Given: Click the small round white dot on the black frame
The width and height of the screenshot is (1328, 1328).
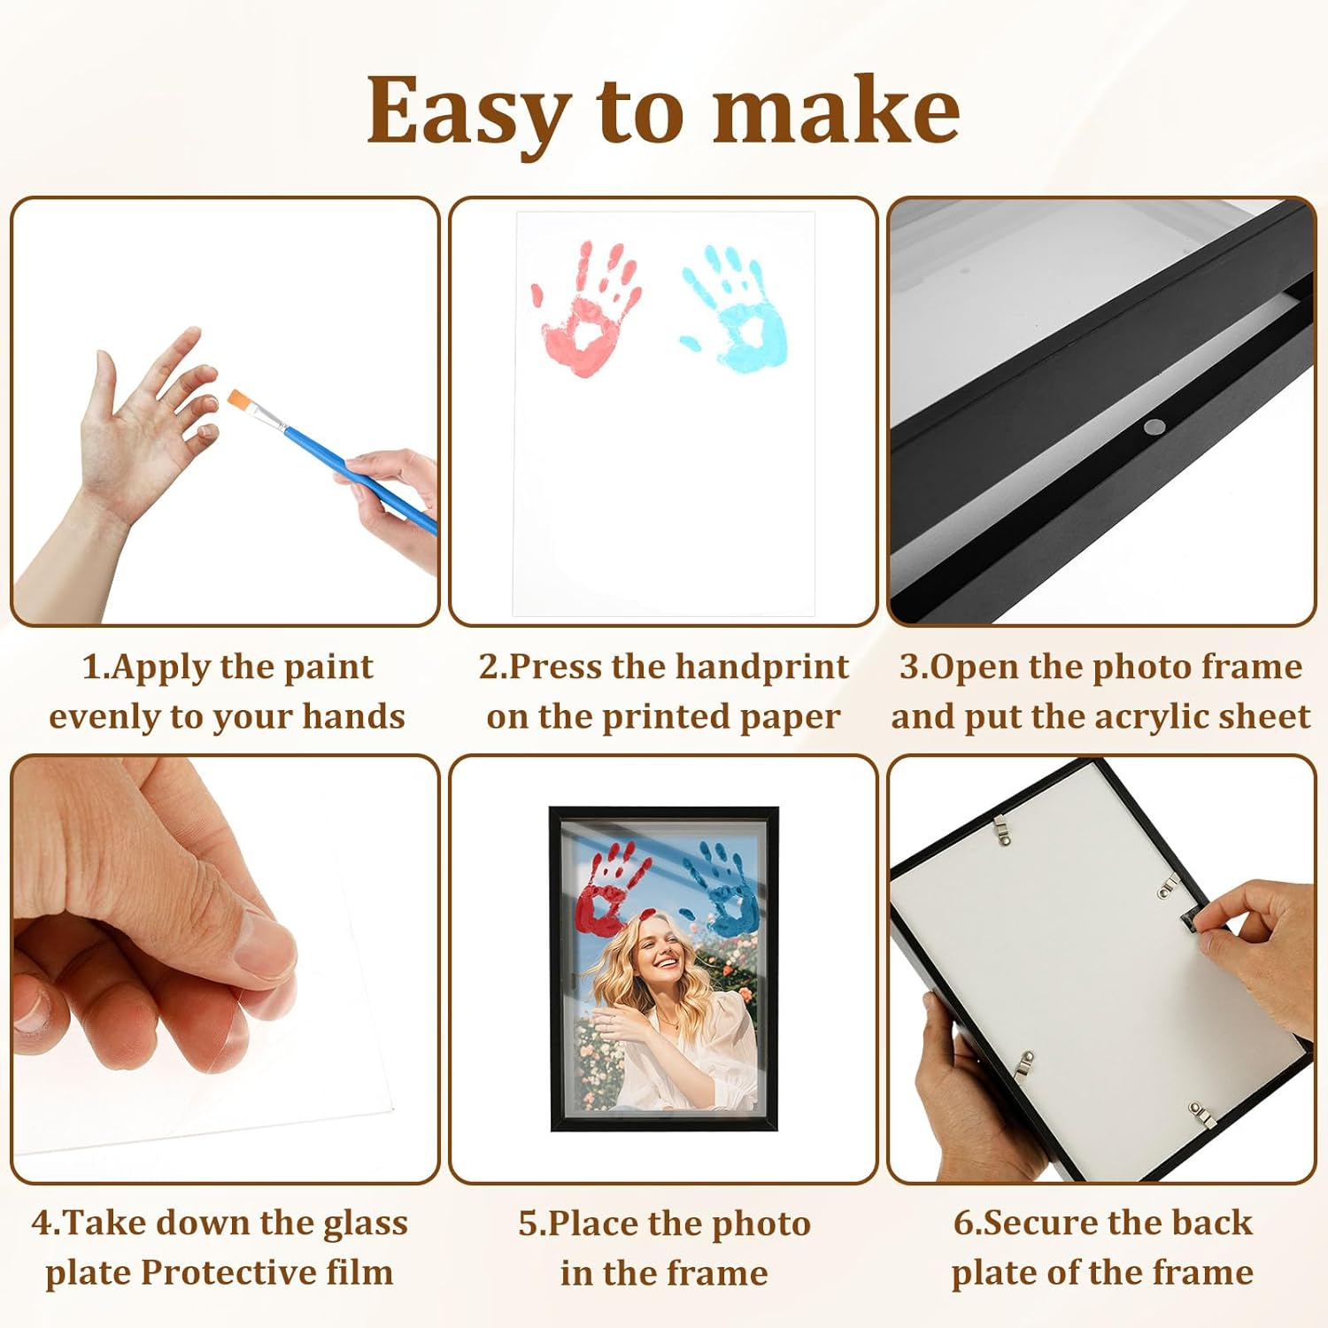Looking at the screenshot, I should pyautogui.click(x=1151, y=427).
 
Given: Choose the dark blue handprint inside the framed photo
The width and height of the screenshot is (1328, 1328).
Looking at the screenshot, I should pyautogui.click(x=726, y=890).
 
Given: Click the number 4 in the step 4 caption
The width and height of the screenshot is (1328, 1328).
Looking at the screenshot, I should pyautogui.click(x=42, y=1224).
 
